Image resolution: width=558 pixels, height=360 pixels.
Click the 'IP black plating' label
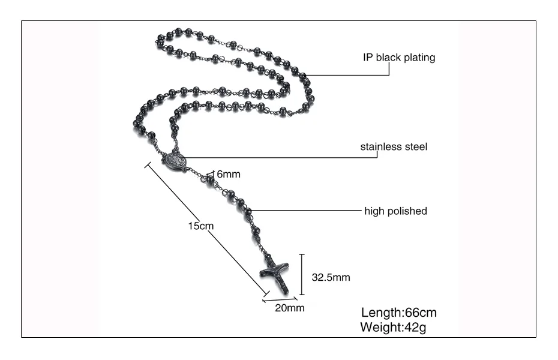pyautogui.click(x=398, y=58)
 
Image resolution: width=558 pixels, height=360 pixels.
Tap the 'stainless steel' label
pyautogui.click(x=394, y=146)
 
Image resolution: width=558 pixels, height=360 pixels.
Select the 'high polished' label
pyautogui.click(x=395, y=211)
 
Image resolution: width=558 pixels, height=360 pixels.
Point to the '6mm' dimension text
pyautogui.click(x=228, y=174)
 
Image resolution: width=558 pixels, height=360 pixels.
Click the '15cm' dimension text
pyautogui.click(x=200, y=226)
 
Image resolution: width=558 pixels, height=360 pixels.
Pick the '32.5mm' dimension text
pyautogui.click(x=331, y=277)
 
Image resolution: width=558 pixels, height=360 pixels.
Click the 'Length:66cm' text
pyautogui.click(x=398, y=313)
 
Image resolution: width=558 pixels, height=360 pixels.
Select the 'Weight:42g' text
pyautogui.click(x=393, y=328)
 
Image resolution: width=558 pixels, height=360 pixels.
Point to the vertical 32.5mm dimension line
pyautogui.click(x=302, y=274)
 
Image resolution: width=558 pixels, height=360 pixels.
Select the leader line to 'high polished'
pyautogui.click(x=306, y=211)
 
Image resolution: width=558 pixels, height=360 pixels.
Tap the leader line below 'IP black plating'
pyautogui.click(x=348, y=75)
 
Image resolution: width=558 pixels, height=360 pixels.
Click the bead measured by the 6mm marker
pyautogui.click(x=211, y=179)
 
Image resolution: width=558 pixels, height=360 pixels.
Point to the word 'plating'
pyautogui.click(x=419, y=58)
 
